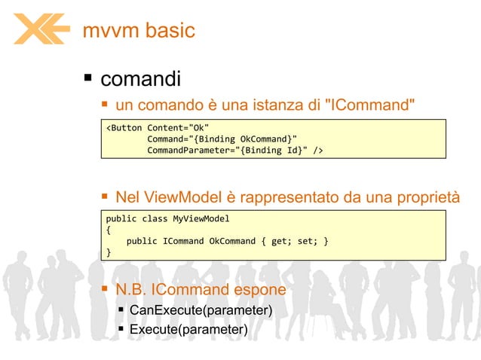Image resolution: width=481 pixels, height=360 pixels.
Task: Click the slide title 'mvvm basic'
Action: (139, 30)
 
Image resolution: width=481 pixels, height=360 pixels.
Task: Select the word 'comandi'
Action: (140, 78)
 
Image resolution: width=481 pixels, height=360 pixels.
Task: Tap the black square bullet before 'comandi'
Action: (88, 78)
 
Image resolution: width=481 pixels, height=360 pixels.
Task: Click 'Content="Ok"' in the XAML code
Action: (178, 127)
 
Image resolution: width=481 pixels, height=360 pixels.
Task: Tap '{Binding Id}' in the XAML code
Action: (274, 151)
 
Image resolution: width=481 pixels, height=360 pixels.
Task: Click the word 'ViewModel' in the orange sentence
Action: (185, 197)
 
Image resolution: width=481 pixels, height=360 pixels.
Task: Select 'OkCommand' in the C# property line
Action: (234, 241)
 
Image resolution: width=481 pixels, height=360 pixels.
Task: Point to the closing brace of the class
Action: (109, 253)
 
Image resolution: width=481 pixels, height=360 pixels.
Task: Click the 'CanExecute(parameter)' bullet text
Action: (201, 310)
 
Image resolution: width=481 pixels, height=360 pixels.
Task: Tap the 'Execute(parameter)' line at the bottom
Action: (188, 330)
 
